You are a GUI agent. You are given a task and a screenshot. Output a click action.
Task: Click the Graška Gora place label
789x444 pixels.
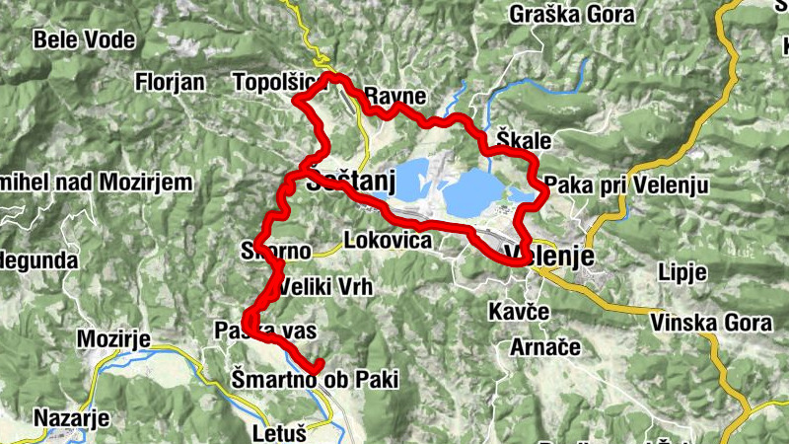click(564, 15)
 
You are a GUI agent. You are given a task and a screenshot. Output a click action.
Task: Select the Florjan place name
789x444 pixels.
click(170, 80)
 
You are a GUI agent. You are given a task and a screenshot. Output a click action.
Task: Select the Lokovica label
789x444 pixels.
click(388, 240)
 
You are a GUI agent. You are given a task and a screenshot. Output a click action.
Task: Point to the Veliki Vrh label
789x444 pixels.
click(322, 288)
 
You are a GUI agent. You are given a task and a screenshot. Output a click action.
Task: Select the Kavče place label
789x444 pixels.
click(519, 312)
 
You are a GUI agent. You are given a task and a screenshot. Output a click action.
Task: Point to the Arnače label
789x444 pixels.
click(538, 347)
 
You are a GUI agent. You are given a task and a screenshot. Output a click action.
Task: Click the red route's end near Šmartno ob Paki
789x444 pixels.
click(319, 365)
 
